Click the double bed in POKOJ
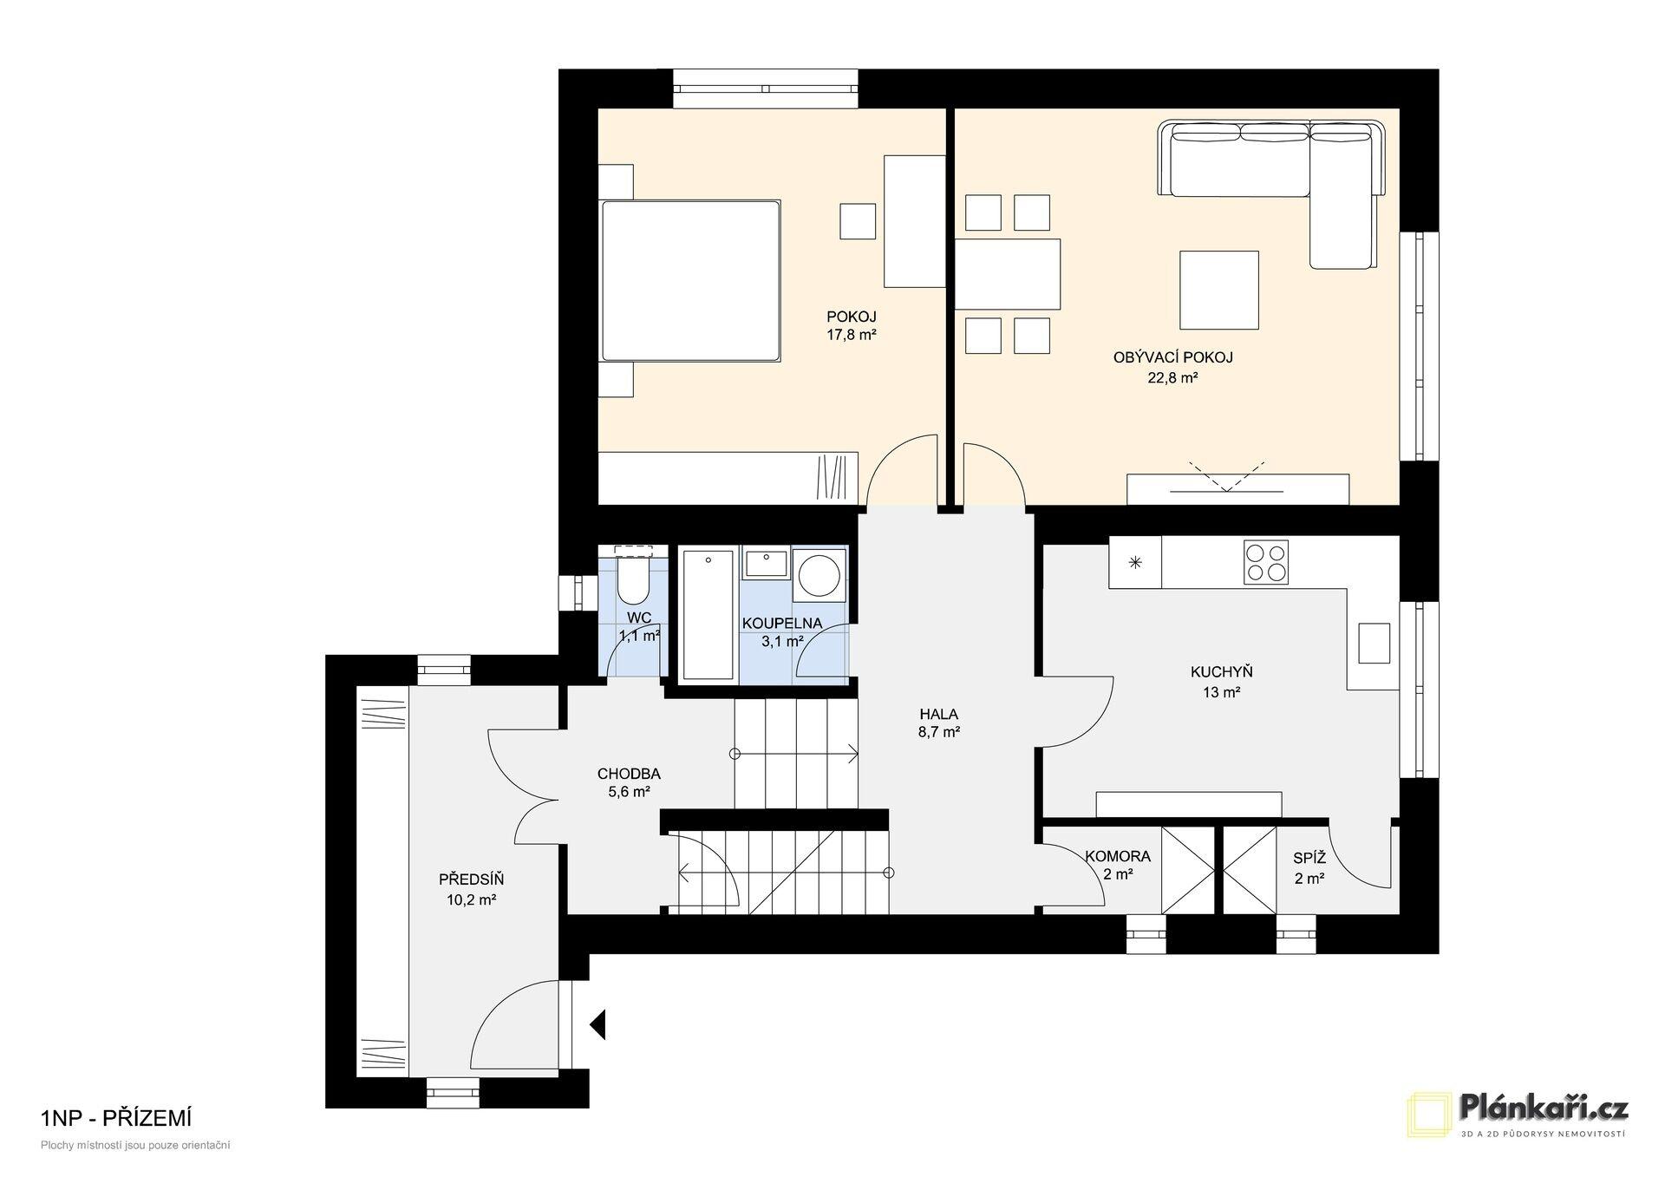coord(690,280)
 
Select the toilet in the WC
coord(631,578)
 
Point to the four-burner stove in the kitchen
coord(1265,562)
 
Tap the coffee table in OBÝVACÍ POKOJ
coord(1218,291)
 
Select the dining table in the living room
coord(1008,274)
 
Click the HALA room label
coord(939,715)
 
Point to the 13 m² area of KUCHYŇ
coord(1221,692)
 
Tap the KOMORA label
coord(1118,856)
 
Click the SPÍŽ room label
coord(1309,858)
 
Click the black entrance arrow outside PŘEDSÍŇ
coord(597,1023)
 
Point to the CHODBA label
coord(629,774)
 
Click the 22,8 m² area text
coord(1172,377)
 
